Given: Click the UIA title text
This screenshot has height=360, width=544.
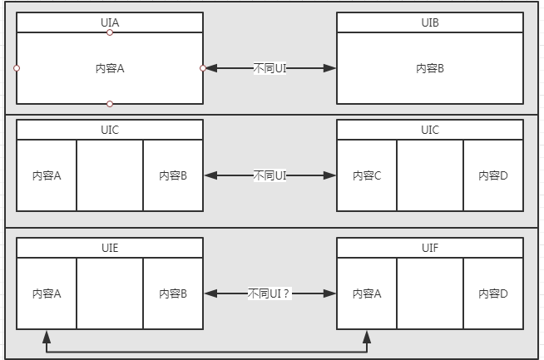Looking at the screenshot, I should coord(110,22).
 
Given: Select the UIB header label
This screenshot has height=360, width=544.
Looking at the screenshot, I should coord(430,22).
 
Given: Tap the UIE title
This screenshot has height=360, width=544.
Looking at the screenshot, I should coord(110,248).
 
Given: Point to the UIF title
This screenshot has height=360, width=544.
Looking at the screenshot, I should coord(430,248).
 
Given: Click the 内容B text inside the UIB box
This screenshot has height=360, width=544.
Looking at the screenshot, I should coord(430,68).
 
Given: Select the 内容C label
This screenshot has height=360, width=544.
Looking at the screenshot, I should coord(367,175).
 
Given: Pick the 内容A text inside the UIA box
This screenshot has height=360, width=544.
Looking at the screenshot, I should coord(110,68).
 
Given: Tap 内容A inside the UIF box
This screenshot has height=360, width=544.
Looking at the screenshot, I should coord(367,293).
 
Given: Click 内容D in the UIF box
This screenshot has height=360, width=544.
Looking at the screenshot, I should coord(493,293).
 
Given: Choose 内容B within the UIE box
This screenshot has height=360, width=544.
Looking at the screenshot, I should coord(173,293).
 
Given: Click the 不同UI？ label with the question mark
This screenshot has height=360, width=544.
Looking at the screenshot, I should coord(270,293).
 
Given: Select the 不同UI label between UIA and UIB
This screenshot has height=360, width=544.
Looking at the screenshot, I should coord(270,68).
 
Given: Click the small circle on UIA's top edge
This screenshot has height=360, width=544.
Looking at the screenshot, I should coord(110,32).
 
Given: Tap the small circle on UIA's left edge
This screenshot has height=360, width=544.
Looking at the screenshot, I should coord(17,68).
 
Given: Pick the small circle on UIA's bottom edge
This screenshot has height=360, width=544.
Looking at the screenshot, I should coord(110,104).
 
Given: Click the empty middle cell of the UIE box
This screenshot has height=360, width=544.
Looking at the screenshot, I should coord(110,293).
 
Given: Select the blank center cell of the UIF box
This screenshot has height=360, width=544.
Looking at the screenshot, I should coord(430,293).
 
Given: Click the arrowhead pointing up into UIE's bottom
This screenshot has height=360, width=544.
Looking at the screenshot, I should coord(47,336).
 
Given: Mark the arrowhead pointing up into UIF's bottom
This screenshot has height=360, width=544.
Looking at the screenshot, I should coord(367,336).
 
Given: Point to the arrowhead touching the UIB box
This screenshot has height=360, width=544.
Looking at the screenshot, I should coord(330,68).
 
